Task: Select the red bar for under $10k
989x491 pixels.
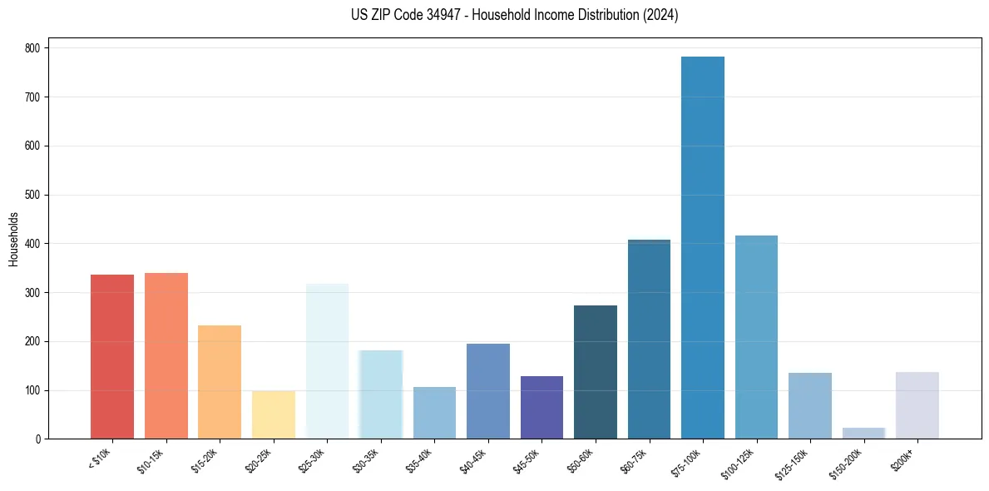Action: [112, 357]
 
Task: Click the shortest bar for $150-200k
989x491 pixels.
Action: [863, 434]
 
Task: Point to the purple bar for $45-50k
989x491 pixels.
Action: [541, 408]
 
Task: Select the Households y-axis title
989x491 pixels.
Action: [13, 239]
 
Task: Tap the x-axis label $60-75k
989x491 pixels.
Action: [632, 460]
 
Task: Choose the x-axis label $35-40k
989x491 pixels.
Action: [418, 460]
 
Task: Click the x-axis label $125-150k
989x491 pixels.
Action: [791, 462]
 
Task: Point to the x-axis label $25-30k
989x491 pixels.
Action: [310, 460]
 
